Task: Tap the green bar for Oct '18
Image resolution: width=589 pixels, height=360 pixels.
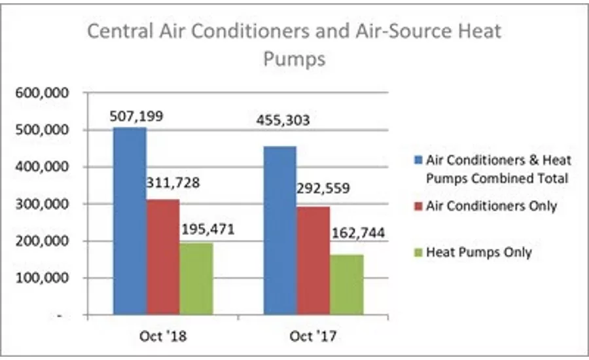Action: pos(196,279)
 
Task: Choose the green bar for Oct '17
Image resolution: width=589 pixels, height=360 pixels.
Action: pos(347,285)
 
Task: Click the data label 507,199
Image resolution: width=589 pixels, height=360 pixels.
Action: pos(137,117)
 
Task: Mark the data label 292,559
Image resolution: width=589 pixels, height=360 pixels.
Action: pos(324,189)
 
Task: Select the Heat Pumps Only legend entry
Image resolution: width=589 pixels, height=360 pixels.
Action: pos(478,252)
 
